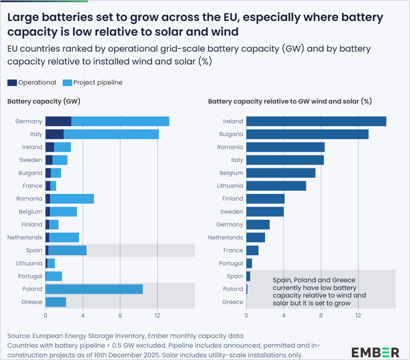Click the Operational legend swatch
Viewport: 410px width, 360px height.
(x=12, y=82)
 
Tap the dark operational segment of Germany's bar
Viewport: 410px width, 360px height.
(x=58, y=122)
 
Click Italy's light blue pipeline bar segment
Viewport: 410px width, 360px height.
(x=111, y=134)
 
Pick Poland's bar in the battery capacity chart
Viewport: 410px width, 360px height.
(x=94, y=289)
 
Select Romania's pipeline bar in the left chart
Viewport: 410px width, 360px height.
(x=72, y=199)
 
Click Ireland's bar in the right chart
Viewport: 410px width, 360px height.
(x=316, y=122)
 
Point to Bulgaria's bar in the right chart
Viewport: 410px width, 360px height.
(x=307, y=134)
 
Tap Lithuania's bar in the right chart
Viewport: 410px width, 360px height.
(x=276, y=186)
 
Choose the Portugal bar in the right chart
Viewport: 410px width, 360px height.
(x=249, y=263)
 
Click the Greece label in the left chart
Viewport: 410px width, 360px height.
(x=32, y=302)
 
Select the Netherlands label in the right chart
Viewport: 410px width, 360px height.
(x=225, y=237)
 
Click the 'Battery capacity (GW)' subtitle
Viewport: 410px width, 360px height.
(x=44, y=102)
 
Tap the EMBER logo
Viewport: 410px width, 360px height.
(x=375, y=352)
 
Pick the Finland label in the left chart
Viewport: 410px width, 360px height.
(x=32, y=225)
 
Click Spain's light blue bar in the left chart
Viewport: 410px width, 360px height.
(x=67, y=250)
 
